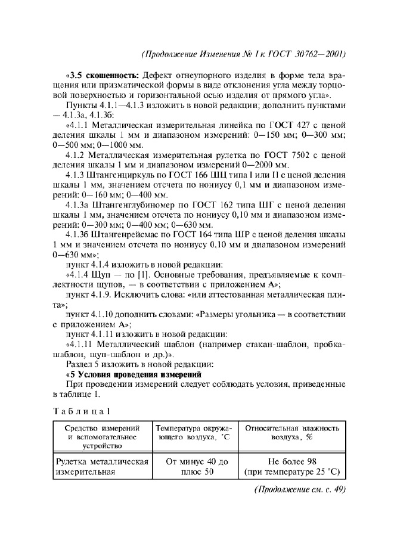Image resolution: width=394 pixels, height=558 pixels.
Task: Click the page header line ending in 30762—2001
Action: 244,54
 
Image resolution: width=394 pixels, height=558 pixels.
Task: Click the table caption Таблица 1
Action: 81,411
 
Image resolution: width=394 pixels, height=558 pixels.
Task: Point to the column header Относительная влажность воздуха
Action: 292,432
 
